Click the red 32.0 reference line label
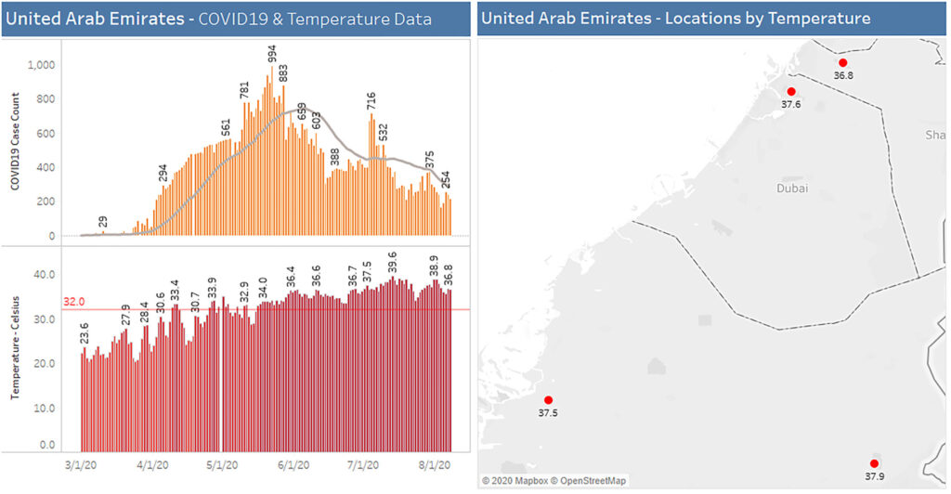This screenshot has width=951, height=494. point(73,302)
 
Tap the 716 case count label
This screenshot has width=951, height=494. point(371,101)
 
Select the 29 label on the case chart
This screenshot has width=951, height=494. point(102,222)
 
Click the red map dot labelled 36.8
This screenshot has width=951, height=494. point(843,63)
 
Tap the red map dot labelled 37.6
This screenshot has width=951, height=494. point(791,91)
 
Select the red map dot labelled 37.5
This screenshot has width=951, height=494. point(548,400)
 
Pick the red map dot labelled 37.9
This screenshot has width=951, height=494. point(874,462)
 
